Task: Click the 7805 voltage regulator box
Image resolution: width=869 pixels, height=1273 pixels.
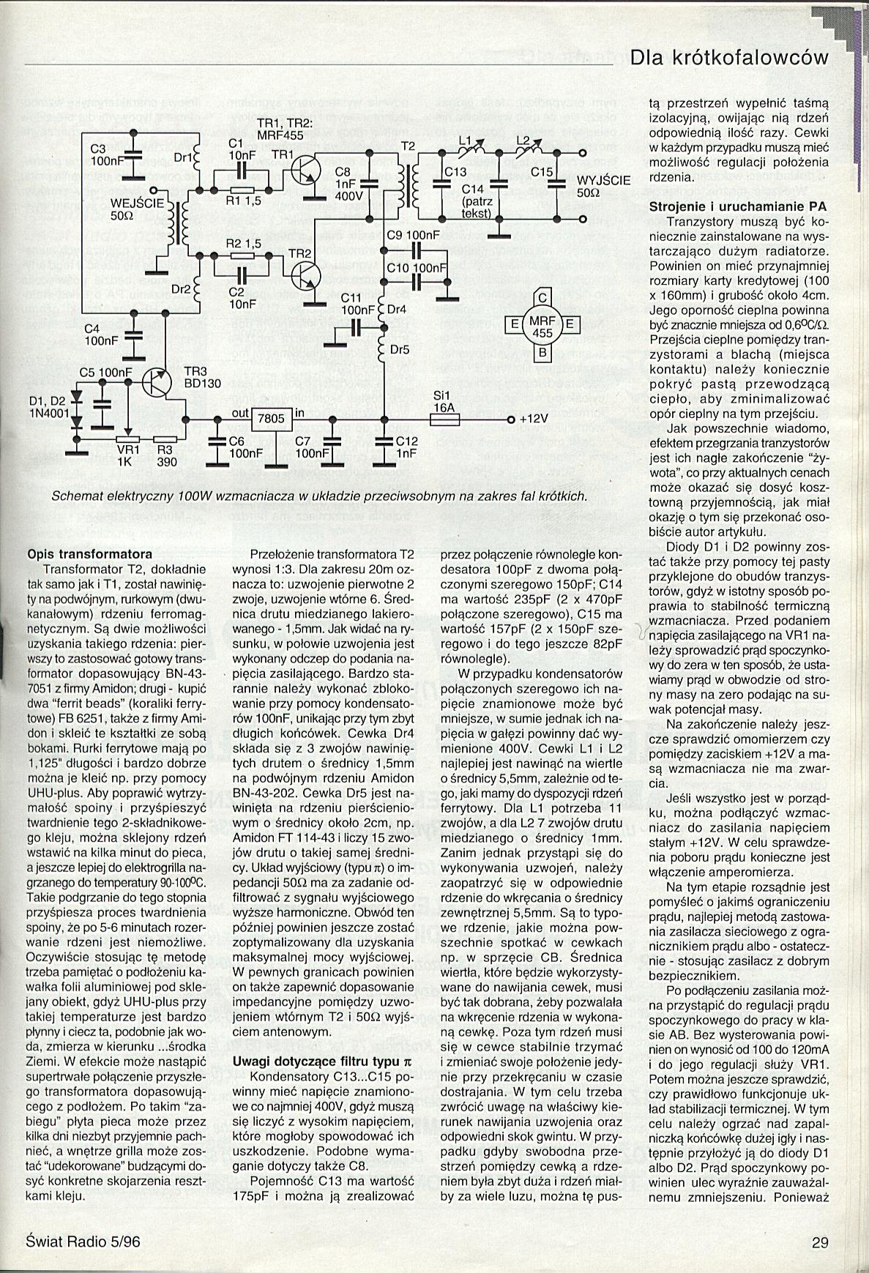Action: tap(272, 419)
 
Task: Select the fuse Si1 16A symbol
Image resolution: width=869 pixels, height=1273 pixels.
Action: tap(444, 419)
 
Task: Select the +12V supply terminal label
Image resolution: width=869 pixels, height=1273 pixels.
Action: tap(534, 419)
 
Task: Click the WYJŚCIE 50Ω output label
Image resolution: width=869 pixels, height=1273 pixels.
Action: tap(604, 187)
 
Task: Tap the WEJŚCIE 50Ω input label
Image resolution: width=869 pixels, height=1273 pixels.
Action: tap(136, 210)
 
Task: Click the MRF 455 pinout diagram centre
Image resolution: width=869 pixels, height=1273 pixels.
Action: tap(542, 326)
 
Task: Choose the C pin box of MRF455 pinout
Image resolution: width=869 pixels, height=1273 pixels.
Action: tap(542, 298)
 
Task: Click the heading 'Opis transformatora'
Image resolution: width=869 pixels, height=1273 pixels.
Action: tap(89, 553)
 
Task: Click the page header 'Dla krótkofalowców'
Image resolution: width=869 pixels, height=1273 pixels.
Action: tap(728, 58)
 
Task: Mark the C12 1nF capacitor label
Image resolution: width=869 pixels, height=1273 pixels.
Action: tap(406, 447)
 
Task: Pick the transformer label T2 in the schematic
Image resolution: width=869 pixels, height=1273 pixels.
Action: tap(407, 147)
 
